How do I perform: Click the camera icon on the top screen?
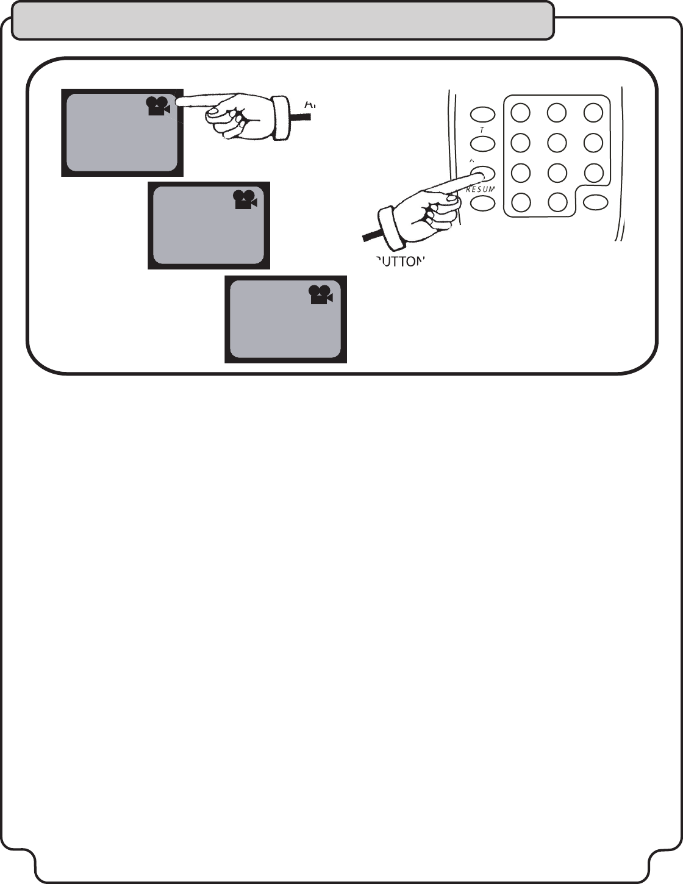click(x=157, y=106)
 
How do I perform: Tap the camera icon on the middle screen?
click(x=245, y=200)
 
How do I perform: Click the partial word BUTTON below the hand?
click(x=399, y=262)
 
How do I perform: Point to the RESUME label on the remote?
click(x=480, y=190)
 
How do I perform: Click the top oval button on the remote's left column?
click(x=482, y=114)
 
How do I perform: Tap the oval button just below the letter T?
click(x=482, y=144)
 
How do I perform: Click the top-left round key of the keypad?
click(x=520, y=112)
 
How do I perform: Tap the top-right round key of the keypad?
click(x=593, y=112)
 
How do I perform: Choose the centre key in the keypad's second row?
click(x=557, y=142)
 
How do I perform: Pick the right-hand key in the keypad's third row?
click(x=593, y=172)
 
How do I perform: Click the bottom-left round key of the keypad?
click(x=520, y=201)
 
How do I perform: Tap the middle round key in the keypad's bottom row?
click(x=557, y=201)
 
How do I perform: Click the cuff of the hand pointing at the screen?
click(x=281, y=117)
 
